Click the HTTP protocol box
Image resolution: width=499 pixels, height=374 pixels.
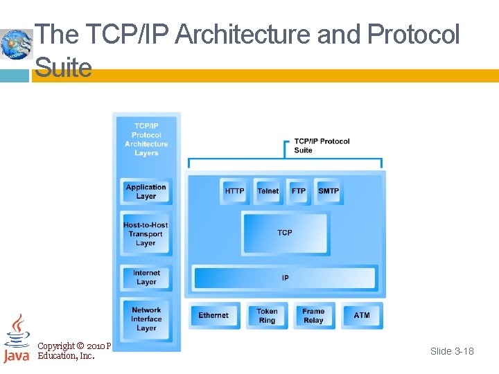point(235,191)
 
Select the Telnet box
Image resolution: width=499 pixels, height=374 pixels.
point(268,191)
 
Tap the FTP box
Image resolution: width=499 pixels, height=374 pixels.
point(299,191)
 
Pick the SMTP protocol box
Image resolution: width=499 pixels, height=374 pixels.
point(329,191)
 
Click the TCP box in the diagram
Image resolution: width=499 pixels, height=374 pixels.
point(285,233)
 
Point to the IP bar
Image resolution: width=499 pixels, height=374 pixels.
point(285,278)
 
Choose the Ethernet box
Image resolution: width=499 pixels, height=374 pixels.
point(213,315)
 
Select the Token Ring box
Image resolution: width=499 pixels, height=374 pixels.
point(267,316)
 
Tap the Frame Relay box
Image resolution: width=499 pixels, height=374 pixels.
point(313,316)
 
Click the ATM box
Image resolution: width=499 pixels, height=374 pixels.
point(362,315)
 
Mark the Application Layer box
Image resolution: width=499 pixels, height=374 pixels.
point(146,192)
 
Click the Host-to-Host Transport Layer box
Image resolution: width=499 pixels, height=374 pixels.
point(146,234)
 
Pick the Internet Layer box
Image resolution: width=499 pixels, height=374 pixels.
point(146,278)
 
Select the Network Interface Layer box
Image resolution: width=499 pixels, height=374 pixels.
point(146,319)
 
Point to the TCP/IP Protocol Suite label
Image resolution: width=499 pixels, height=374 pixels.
point(322,145)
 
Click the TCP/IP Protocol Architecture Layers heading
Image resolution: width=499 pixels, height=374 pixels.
point(146,139)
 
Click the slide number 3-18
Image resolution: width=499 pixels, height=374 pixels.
point(452,351)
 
